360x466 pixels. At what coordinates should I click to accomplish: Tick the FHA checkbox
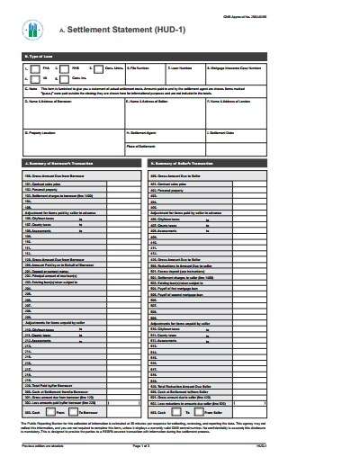pyautogui.click(x=33, y=67)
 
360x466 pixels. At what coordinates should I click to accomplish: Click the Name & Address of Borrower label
pyautogui.click(x=49, y=101)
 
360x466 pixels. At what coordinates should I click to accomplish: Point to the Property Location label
pyautogui.click(x=42, y=132)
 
